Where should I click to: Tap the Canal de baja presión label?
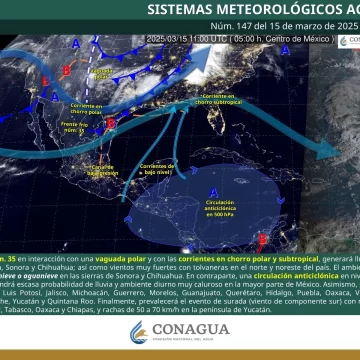pyautogui.click(x=103, y=167)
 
